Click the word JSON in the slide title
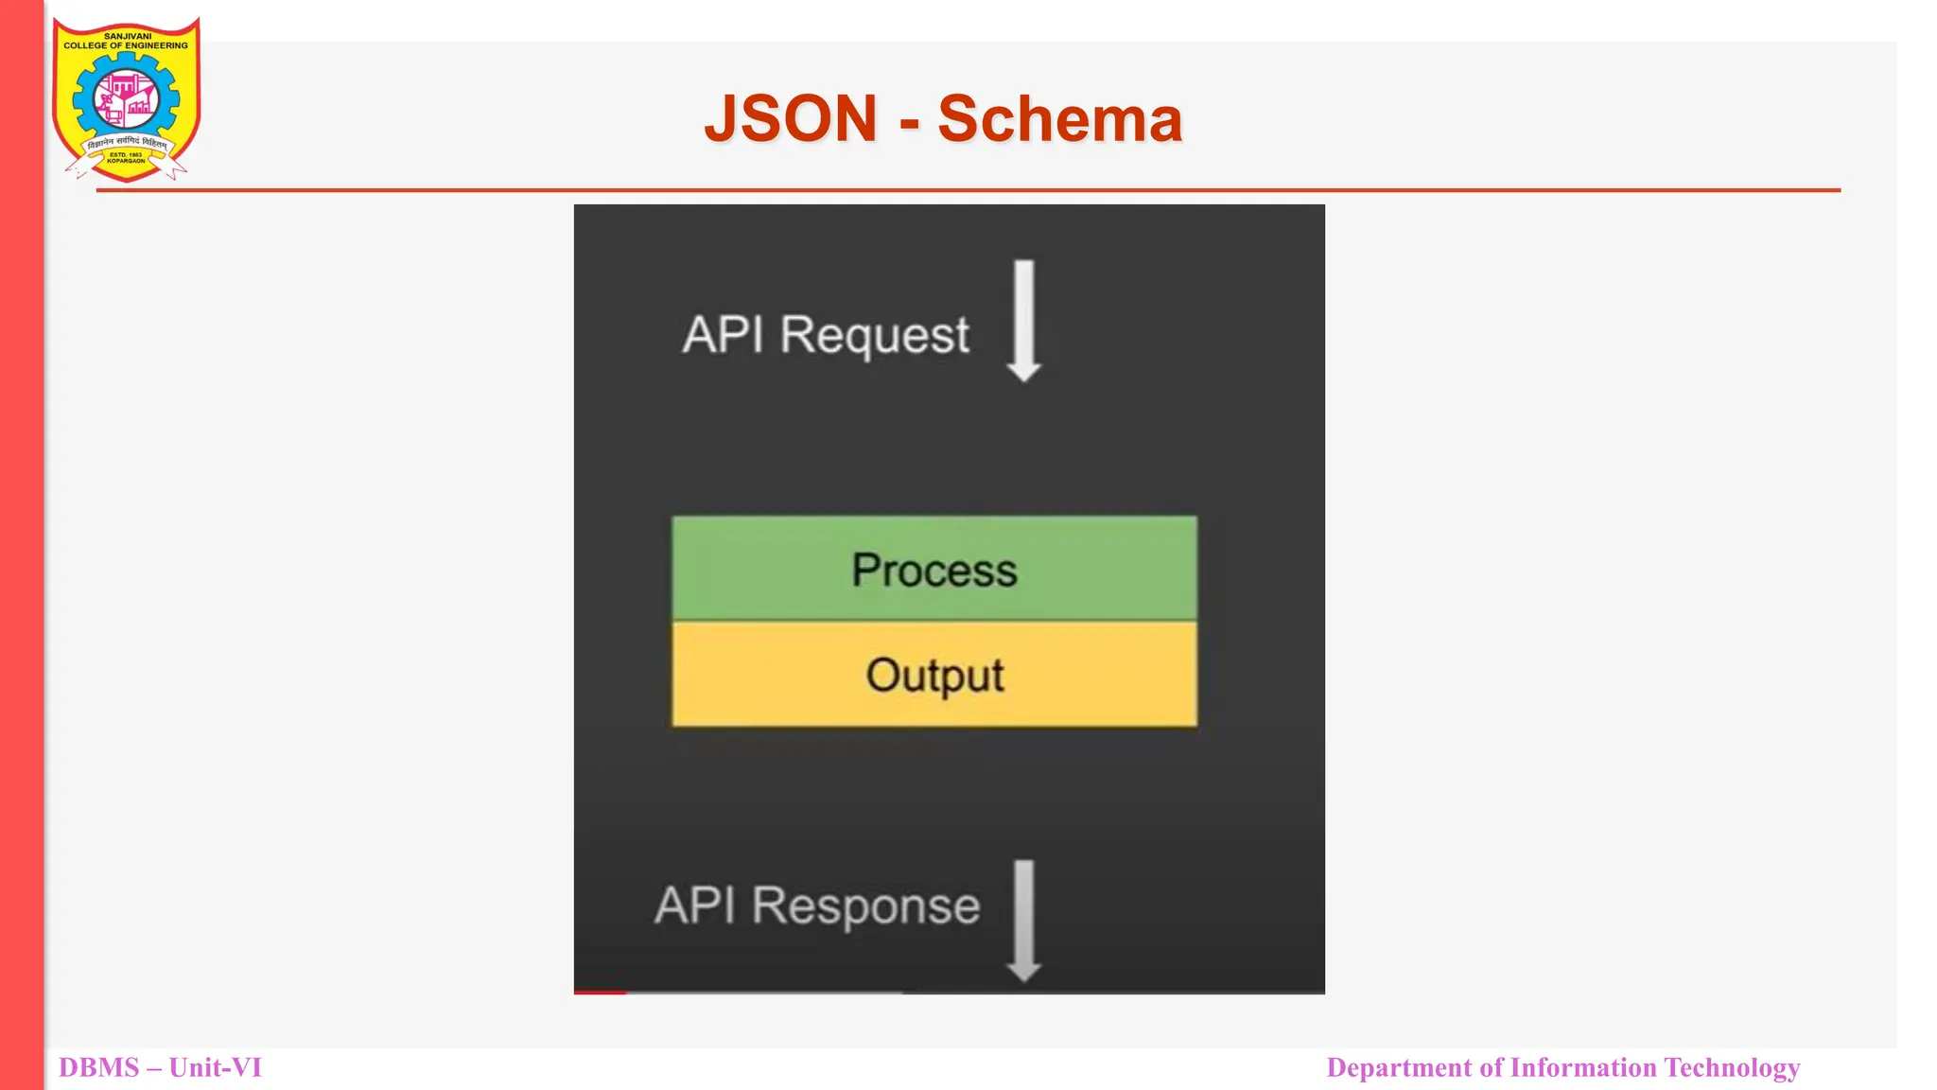tap(791, 119)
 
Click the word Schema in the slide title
tap(1059, 119)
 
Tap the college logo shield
tap(126, 99)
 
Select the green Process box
tap(934, 569)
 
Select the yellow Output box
tap(934, 675)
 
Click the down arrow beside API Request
tap(1023, 321)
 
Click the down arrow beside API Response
tap(1023, 920)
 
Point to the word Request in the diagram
tap(875, 336)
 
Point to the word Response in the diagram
tap(865, 906)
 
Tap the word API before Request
tap(724, 335)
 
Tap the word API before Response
tap(695, 905)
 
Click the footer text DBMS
tap(99, 1067)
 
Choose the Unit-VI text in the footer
tap(216, 1067)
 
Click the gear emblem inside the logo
tap(126, 99)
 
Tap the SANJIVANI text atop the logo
tap(127, 36)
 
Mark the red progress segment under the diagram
tap(600, 992)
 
